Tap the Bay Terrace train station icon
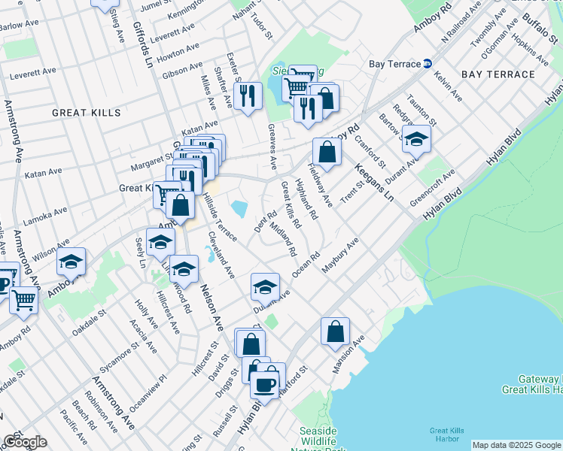tap(427, 63)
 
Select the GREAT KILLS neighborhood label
tap(86, 113)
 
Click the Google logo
tap(25, 442)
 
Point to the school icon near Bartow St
tap(416, 138)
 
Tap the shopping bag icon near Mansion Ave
tap(335, 331)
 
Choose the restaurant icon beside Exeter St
tap(247, 95)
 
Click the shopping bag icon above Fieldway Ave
tap(327, 152)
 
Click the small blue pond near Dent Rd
tap(240, 209)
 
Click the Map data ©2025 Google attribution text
tap(516, 445)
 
